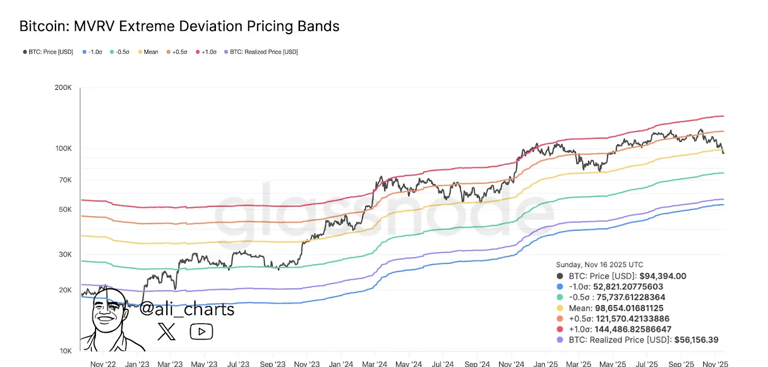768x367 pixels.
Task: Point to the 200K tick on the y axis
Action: click(63, 88)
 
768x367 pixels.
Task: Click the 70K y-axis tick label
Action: click(65, 180)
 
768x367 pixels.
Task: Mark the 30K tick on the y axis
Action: click(65, 254)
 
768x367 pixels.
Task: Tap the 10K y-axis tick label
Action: click(65, 351)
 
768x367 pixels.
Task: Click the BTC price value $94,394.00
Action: click(663, 276)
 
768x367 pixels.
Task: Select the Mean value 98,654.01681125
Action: click(629, 308)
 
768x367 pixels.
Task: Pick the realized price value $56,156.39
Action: click(696, 340)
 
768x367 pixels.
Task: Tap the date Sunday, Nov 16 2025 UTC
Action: click(599, 265)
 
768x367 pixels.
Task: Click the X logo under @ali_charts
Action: click(167, 331)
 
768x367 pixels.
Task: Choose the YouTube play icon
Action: click(202, 331)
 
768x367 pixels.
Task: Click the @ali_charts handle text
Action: click(187, 309)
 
